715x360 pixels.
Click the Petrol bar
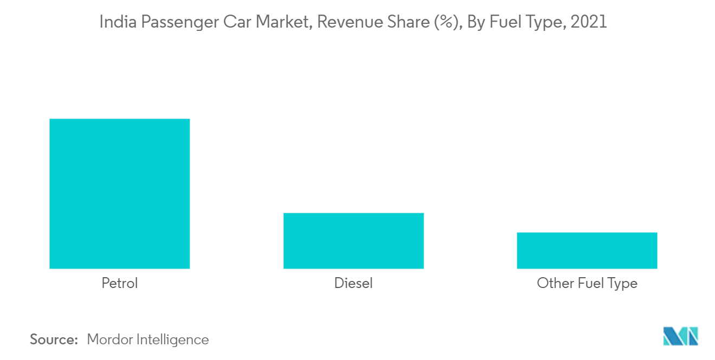click(120, 193)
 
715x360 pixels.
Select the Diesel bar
click(353, 240)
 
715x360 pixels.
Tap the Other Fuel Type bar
click(587, 250)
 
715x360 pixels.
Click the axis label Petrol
click(120, 283)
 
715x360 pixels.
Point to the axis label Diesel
click(353, 283)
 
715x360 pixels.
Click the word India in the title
click(113, 22)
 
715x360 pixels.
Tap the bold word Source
click(54, 339)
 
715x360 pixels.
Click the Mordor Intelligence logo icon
click(680, 336)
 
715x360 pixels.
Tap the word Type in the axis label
click(622, 283)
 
